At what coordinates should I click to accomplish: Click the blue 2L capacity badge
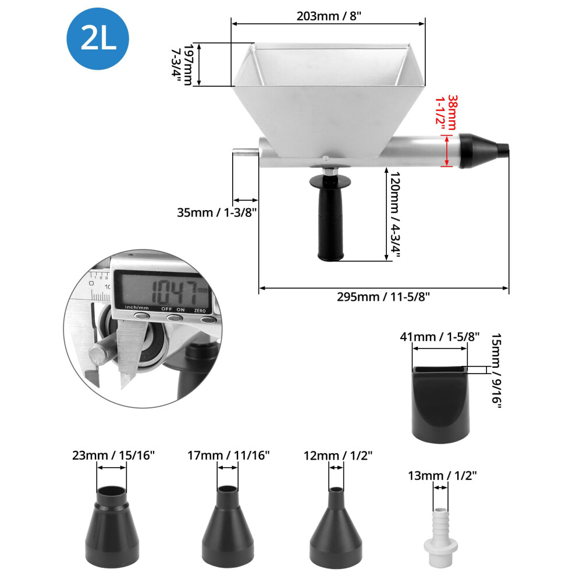(x=98, y=38)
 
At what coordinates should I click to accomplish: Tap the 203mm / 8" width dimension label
(x=329, y=16)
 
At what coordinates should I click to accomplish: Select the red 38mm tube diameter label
(x=446, y=112)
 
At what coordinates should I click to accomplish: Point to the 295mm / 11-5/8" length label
(x=383, y=297)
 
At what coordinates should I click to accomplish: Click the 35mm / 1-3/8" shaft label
(x=217, y=212)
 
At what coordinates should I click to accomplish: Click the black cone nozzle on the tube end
(x=483, y=151)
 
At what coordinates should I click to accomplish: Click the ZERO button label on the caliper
(x=200, y=311)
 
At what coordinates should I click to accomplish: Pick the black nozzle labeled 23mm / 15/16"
(x=112, y=527)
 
